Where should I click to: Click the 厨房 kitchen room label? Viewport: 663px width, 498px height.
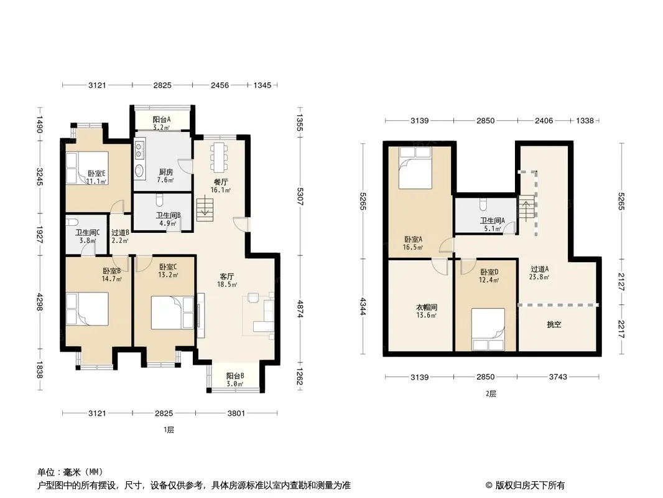165,172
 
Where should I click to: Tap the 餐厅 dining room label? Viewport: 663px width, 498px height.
220,182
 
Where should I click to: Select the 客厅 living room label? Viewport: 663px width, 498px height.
226,276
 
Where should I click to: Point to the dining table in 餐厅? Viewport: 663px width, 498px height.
220,157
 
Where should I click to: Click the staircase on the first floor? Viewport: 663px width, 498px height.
205,210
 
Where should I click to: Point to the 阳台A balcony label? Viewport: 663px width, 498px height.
162,120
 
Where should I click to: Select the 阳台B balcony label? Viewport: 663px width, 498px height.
234,376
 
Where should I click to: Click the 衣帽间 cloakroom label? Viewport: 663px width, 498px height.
426,308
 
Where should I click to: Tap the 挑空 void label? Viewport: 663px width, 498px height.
554,324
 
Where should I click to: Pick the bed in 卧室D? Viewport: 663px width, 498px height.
488,329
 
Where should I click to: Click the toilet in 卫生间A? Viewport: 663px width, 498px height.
483,205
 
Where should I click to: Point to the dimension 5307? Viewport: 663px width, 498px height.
299,197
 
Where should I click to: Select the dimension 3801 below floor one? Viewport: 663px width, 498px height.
236,413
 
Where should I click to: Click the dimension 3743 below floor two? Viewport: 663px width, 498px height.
558,377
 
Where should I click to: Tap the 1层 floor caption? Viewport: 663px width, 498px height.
169,430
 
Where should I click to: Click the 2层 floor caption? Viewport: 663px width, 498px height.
491,393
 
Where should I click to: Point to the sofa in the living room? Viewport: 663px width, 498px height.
264,315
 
